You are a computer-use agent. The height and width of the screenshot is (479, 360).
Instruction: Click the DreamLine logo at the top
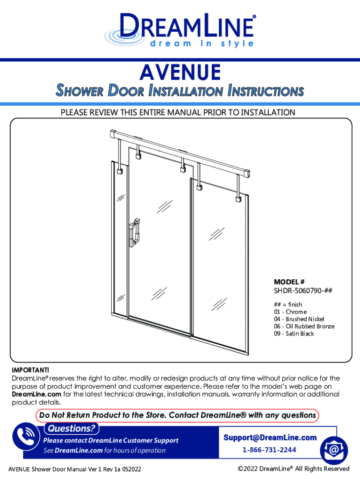[180, 30]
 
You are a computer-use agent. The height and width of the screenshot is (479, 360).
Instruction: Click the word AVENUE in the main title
[180, 73]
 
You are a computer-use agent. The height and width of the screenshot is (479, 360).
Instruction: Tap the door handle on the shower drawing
[135, 232]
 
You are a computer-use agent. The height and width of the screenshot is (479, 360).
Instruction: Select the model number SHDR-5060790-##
[303, 290]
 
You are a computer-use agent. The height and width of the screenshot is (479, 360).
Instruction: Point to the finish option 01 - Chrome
[290, 312]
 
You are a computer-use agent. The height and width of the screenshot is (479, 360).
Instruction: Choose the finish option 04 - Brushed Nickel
[299, 319]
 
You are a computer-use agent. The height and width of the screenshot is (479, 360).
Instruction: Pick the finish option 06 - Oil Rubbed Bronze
[304, 326]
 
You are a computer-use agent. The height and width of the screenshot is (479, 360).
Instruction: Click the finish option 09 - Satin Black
[294, 334]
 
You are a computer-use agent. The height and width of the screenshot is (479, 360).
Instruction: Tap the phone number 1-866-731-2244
[269, 450]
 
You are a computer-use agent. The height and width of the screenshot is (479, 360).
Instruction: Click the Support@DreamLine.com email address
[270, 437]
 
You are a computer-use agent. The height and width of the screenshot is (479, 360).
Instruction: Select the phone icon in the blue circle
[26, 436]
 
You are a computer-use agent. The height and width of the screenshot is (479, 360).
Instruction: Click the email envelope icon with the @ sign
[334, 450]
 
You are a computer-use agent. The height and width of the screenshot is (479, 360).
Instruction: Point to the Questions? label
[72, 428]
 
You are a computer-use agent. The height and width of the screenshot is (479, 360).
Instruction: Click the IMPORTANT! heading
[30, 370]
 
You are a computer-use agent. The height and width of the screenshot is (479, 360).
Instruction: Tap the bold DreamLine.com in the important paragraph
[36, 394]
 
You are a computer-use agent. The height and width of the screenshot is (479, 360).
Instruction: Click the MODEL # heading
[289, 282]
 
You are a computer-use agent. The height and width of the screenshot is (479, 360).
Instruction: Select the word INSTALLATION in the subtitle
[186, 91]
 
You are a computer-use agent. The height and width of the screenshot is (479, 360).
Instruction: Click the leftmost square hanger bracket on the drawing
[120, 171]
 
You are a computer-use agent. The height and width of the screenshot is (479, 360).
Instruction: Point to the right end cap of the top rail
[249, 173]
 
